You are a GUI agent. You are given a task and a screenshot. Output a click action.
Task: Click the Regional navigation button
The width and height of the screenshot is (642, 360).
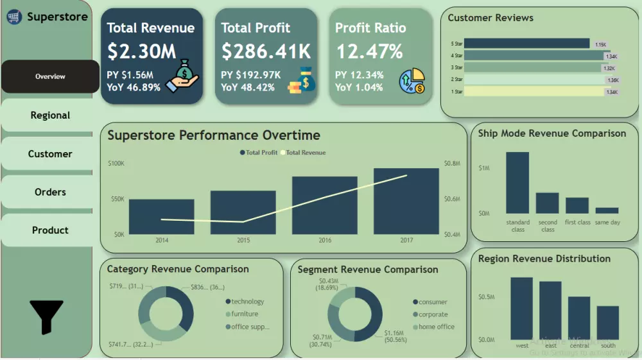50,116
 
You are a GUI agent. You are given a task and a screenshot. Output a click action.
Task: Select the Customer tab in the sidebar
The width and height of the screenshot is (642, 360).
50,154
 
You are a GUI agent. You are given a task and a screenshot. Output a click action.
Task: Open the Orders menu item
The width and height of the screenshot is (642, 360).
50,192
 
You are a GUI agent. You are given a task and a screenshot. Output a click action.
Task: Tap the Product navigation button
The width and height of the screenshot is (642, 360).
50,230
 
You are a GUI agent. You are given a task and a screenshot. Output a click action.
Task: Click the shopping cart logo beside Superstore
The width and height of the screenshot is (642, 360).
14,17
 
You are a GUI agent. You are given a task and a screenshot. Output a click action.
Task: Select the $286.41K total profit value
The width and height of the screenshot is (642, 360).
266,51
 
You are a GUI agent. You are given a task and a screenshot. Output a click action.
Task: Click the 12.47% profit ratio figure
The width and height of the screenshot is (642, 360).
369,51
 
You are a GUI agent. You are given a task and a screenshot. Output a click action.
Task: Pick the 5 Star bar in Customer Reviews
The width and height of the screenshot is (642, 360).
526,44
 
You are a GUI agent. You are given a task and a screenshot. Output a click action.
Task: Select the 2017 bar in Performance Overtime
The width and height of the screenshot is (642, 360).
406,201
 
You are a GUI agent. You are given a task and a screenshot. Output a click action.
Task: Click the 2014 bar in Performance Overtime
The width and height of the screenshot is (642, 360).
161,217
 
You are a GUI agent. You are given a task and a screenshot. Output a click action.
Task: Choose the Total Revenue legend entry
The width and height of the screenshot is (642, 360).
305,153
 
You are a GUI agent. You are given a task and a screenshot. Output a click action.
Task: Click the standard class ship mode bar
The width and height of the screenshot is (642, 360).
517,183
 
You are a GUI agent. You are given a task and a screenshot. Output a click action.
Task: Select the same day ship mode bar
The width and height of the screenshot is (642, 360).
607,210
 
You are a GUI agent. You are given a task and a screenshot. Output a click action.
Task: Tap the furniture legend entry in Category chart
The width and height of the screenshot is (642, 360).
245,314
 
